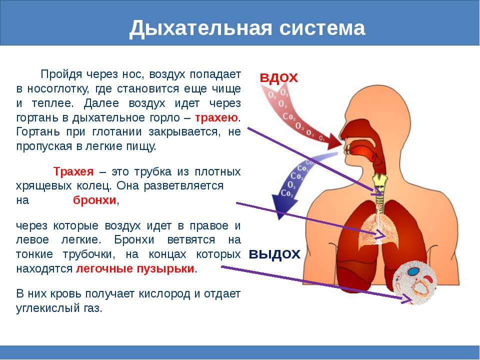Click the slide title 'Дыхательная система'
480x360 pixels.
coord(247,28)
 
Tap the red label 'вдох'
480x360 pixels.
coord(278,77)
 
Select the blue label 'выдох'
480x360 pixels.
coord(274,253)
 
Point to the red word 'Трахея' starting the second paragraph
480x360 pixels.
coord(73,171)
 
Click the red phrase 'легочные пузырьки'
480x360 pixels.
coord(135,268)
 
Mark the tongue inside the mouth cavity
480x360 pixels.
coord(363,148)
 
